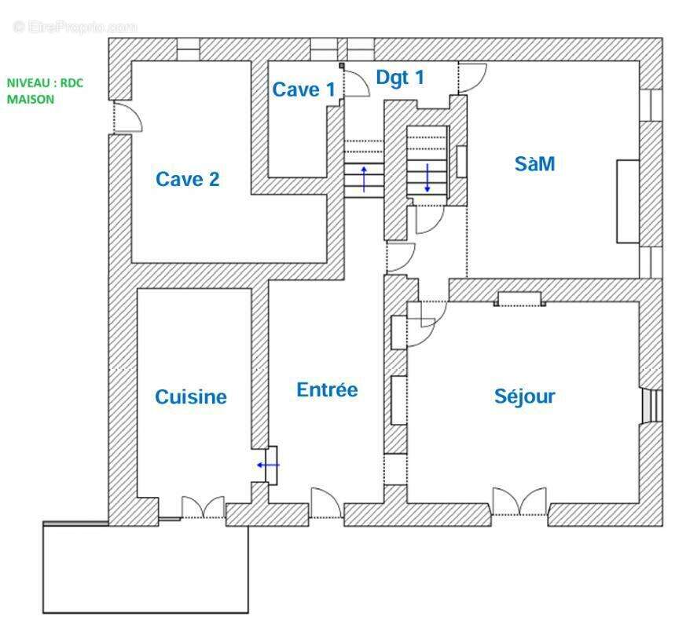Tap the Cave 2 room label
(188, 179)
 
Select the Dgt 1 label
(400, 78)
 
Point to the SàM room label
(534, 164)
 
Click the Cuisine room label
(190, 397)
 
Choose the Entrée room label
(327, 389)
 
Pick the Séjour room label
(524, 396)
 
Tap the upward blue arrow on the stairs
(364, 178)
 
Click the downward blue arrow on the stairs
(427, 177)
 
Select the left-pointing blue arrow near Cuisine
(268, 465)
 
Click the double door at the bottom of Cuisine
(203, 508)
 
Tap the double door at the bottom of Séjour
(519, 502)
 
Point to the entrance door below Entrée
(325, 504)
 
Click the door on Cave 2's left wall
(126, 118)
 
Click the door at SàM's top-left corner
(472, 76)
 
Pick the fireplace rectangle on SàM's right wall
(628, 201)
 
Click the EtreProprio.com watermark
(75, 27)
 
